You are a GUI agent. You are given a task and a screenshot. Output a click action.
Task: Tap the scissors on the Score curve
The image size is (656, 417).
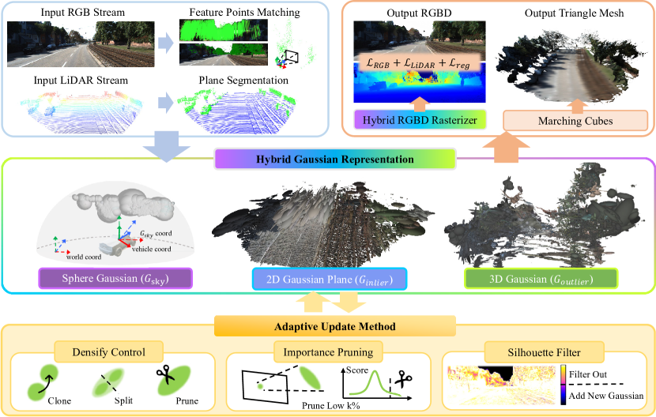pyautogui.click(x=403, y=378)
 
